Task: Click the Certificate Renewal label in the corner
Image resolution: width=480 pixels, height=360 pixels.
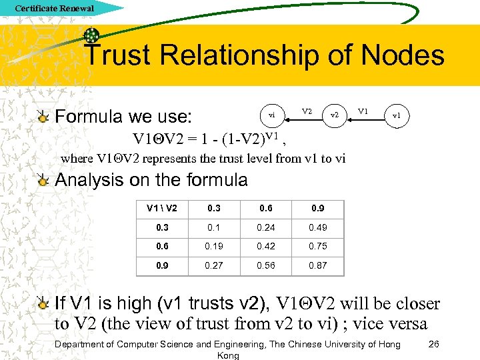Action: (54, 9)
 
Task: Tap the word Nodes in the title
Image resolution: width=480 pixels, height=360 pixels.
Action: (401, 55)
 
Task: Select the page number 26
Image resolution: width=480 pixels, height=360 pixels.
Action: (433, 344)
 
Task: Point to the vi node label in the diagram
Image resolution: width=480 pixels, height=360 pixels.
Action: (272, 115)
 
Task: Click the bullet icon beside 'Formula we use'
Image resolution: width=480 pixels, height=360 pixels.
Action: (43, 117)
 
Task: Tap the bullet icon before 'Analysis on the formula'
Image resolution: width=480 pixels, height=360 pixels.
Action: (43, 180)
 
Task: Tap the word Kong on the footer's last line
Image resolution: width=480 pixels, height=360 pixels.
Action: (229, 355)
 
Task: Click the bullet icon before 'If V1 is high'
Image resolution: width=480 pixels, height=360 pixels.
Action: (43, 305)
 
